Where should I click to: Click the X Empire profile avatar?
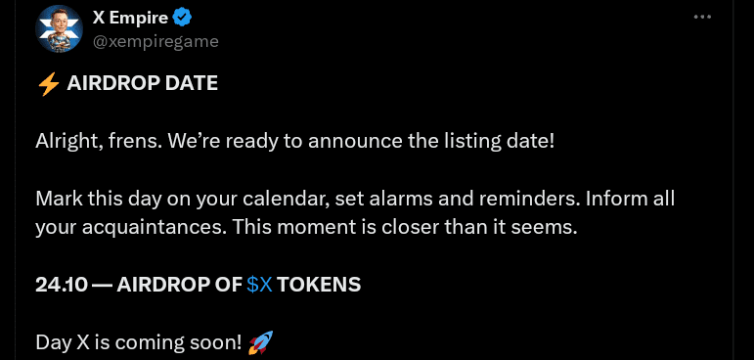59,29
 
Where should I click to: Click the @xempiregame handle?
155,41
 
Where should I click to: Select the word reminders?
517,199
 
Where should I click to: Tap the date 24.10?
59,285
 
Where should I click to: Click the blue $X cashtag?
259,285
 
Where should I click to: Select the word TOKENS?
319,285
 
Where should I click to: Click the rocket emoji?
260,342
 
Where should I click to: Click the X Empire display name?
129,18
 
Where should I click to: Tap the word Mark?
58,199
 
